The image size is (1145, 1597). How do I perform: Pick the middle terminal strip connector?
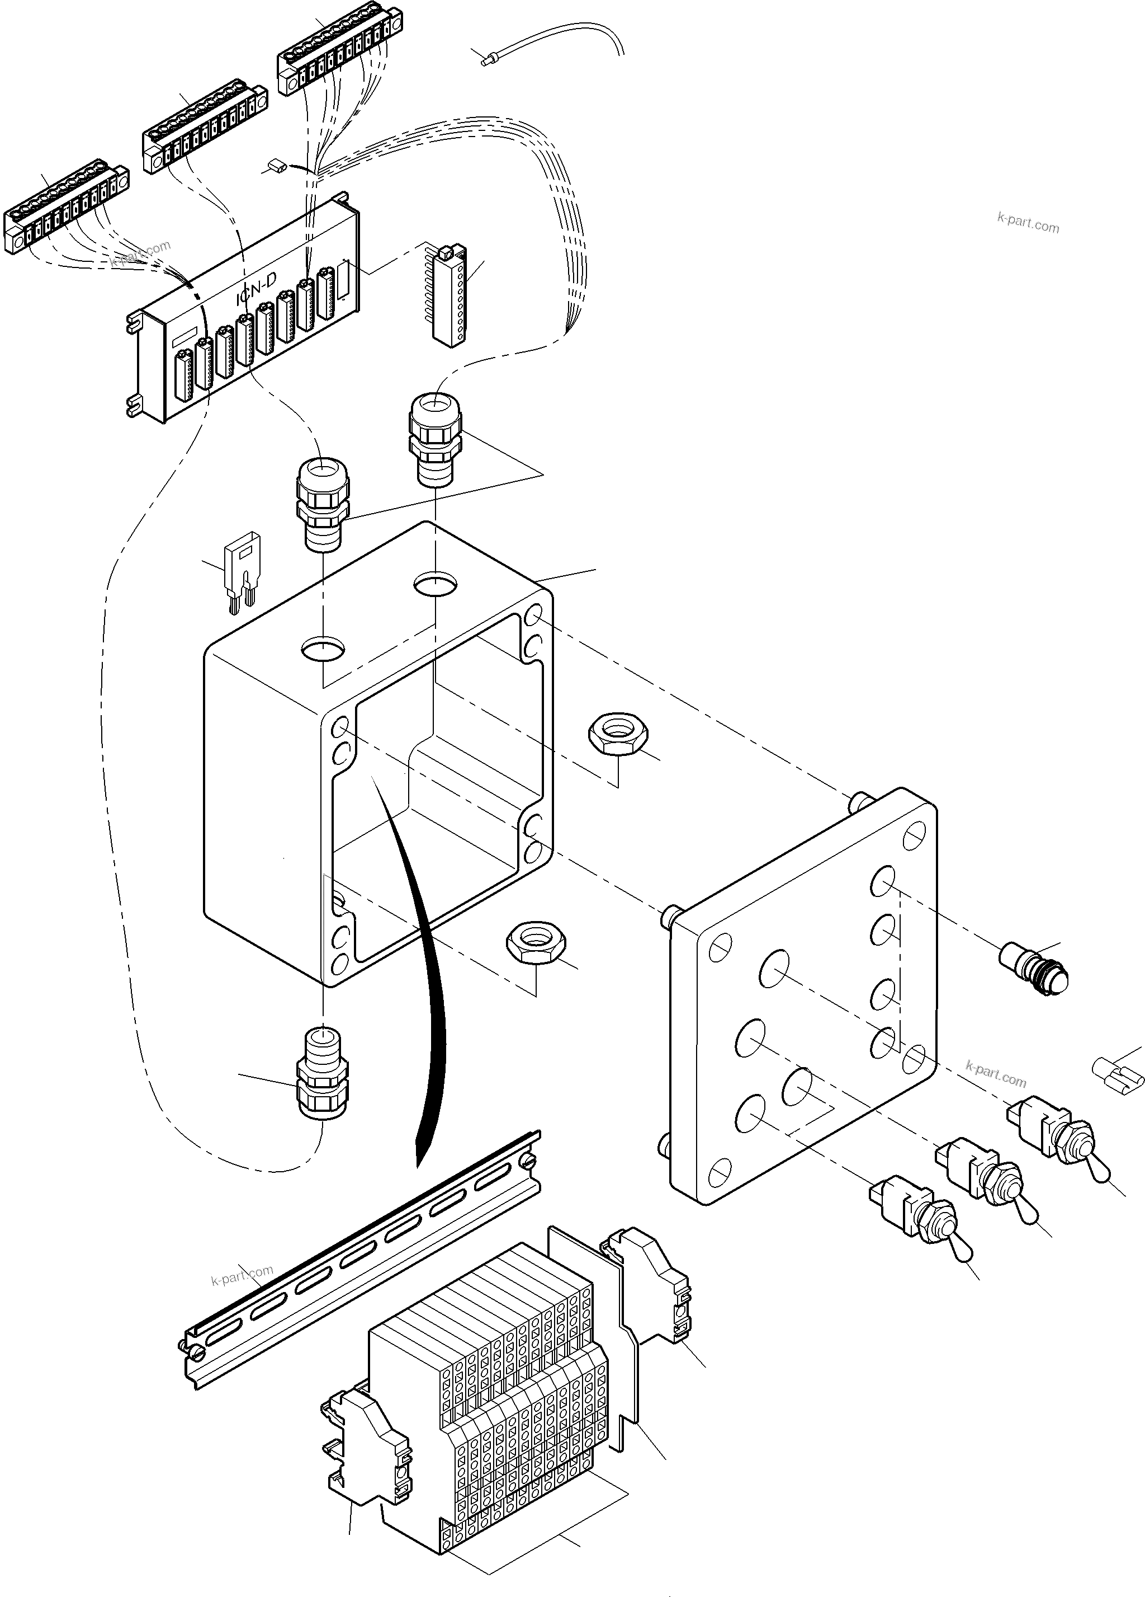point(204,134)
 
